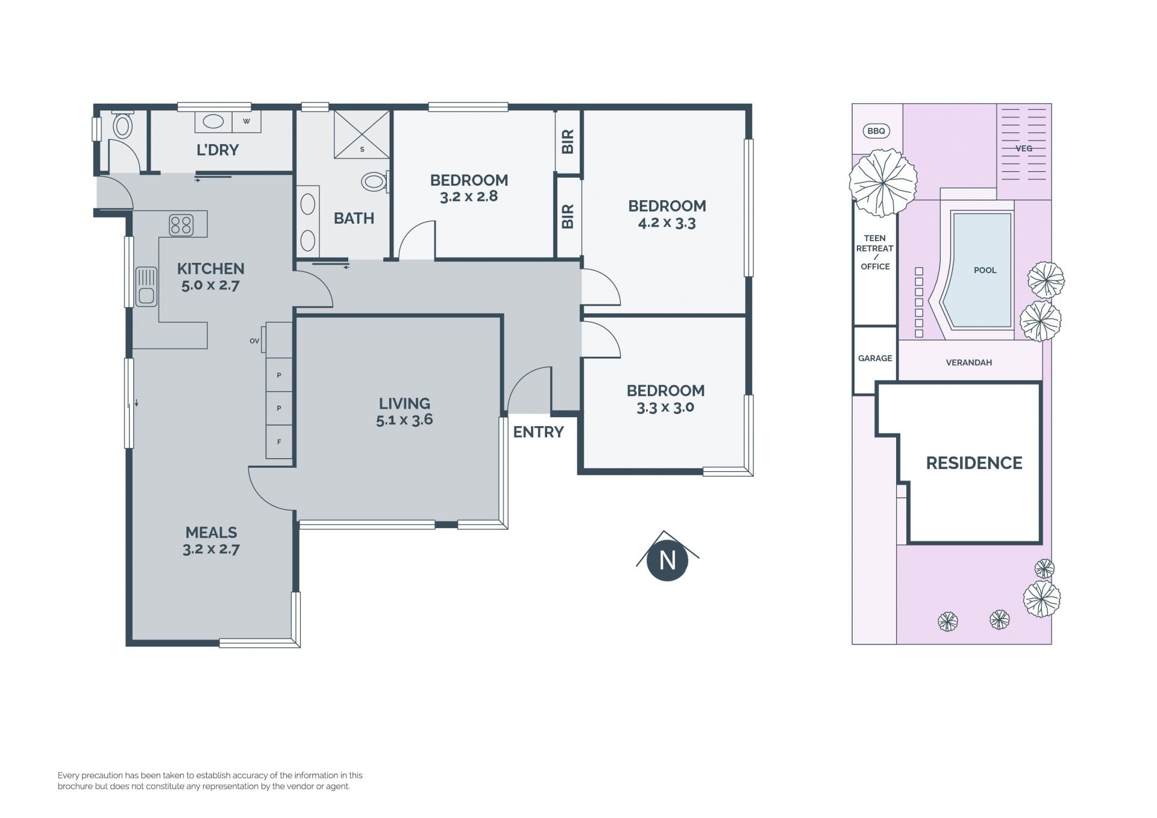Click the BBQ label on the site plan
click(876, 131)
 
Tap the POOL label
click(985, 270)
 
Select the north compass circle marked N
click(667, 561)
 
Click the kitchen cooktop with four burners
click(181, 225)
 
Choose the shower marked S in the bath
click(362, 134)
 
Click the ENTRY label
click(538, 432)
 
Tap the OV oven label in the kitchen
click(254, 341)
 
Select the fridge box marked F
click(279, 442)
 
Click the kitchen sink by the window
click(146, 286)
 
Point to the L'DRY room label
click(218, 149)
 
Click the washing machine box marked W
click(246, 121)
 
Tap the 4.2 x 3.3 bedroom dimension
click(667, 223)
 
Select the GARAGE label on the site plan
click(875, 358)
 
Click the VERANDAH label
click(969, 362)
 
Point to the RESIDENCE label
click(974, 463)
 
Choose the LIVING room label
click(404, 403)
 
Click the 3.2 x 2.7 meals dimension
click(211, 549)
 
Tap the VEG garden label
click(1024, 148)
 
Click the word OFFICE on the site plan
click(875, 266)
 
